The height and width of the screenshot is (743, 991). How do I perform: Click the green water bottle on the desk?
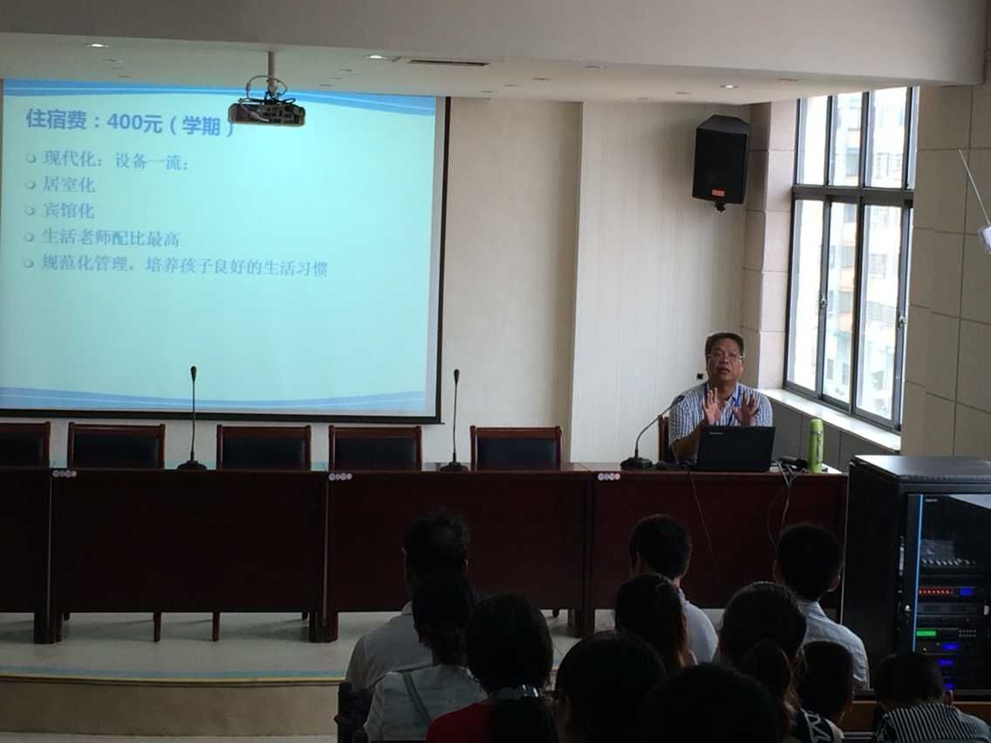point(816,446)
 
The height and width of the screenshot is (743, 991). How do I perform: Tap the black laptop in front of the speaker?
point(735,448)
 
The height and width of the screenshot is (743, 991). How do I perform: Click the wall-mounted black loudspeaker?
point(721,161)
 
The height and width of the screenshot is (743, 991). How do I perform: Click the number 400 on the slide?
point(125,121)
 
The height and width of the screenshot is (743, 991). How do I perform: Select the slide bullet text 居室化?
point(68,185)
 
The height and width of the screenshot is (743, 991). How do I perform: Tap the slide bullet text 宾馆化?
point(68,210)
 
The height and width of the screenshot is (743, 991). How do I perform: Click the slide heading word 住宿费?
point(56,119)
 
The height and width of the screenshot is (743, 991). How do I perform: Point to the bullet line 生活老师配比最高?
point(111,237)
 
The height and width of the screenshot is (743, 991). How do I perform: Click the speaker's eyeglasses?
point(724,357)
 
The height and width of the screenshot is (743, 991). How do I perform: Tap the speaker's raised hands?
point(730,407)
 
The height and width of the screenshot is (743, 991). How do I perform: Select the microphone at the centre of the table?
point(454,421)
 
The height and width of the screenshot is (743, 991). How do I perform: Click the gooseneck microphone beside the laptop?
point(645,433)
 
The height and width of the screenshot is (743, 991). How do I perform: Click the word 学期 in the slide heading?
point(201,125)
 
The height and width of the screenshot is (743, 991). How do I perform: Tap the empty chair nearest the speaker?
point(515,447)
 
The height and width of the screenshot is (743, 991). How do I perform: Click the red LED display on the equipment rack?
point(935,592)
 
